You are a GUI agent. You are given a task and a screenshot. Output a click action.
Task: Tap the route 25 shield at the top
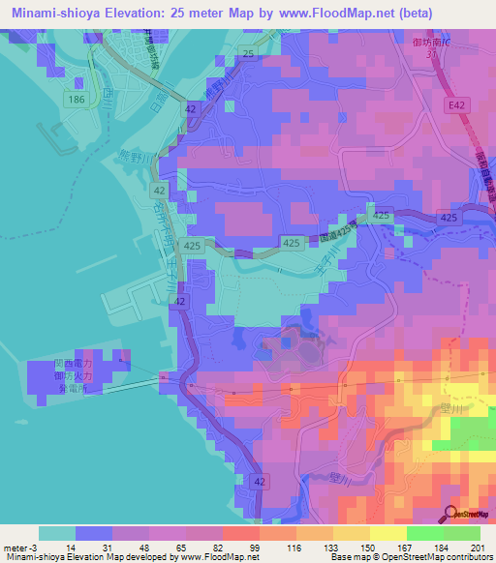click(249, 53)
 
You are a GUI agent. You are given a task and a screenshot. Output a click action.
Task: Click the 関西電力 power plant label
click(73, 365)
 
